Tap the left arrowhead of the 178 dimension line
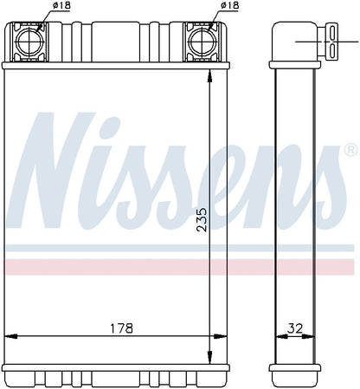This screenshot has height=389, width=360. coord(11,336)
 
